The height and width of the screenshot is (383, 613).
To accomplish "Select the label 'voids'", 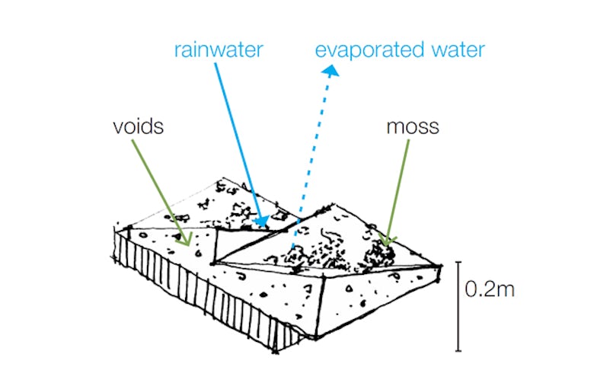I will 138,126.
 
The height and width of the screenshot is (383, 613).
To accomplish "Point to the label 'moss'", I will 411,126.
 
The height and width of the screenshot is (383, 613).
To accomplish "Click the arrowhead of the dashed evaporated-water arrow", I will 330,70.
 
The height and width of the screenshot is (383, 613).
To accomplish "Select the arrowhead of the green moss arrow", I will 388,241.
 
